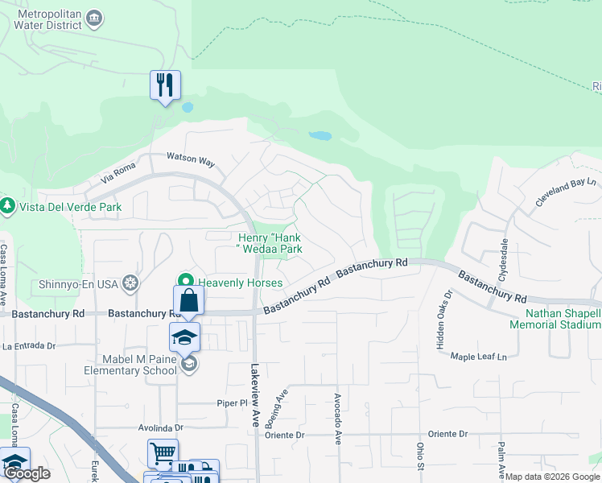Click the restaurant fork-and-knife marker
point(165,85)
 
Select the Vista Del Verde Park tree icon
point(8,206)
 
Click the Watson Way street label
point(190,159)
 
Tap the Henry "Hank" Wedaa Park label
point(270,243)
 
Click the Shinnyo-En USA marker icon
point(130,283)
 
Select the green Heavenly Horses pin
point(187,282)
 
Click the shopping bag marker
point(188,301)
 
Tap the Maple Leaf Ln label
point(479,356)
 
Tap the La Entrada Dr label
point(29,345)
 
